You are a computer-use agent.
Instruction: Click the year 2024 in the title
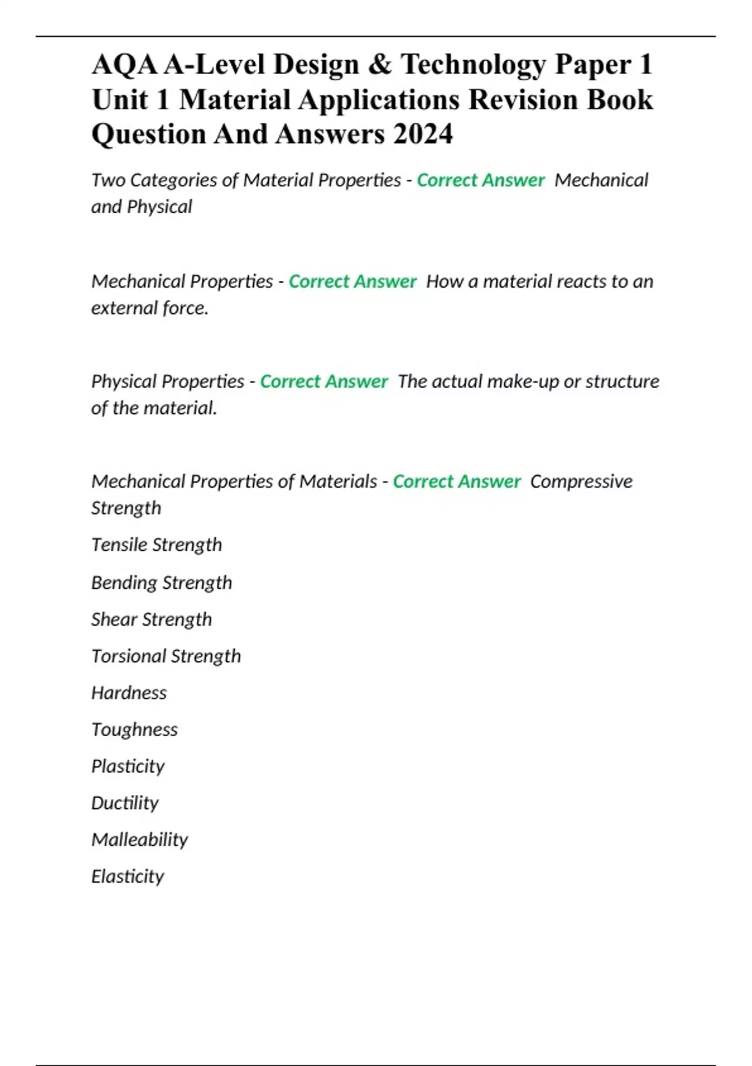click(423, 134)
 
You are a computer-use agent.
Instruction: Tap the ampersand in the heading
click(379, 64)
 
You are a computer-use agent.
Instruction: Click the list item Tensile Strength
click(157, 544)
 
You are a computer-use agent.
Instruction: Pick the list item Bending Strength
click(162, 583)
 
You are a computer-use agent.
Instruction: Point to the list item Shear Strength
click(152, 619)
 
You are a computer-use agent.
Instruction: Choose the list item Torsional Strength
click(166, 656)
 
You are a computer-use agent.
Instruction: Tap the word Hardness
click(129, 692)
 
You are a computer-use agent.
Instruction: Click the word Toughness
click(135, 729)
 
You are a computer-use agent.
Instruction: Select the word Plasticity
click(128, 766)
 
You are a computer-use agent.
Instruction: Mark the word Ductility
click(125, 803)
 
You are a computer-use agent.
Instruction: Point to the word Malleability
click(140, 840)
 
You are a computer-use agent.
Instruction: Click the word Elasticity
click(128, 876)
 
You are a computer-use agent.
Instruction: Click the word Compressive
click(581, 482)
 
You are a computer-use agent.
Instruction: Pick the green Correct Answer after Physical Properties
click(324, 381)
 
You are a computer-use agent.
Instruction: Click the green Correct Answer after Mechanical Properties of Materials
click(457, 482)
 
